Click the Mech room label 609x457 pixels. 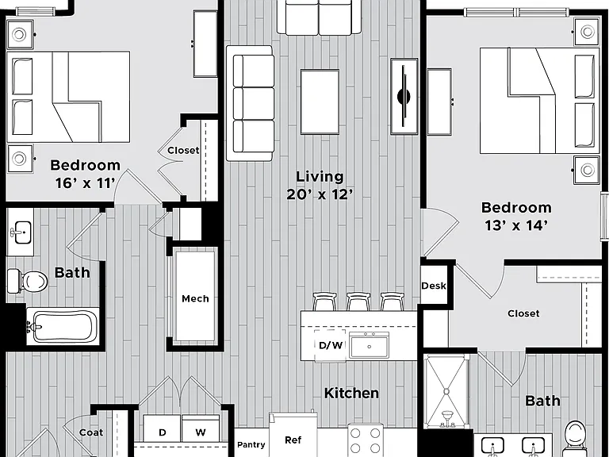195,298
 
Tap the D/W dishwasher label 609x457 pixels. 331,344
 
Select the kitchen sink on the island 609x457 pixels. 369,345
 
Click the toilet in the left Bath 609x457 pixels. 28,281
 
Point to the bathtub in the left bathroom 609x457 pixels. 63,325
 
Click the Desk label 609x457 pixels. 434,286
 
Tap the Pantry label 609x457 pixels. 251,444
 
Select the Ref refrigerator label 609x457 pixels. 293,440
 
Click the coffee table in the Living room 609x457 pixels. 320,102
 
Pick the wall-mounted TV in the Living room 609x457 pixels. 404,96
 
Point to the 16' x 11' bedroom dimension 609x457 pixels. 85,182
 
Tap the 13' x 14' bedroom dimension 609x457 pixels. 516,225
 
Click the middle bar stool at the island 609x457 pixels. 358,301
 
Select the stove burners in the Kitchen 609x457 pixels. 365,439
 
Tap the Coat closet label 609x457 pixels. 91,432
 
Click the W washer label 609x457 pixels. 201,432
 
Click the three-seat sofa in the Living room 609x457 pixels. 250,103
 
